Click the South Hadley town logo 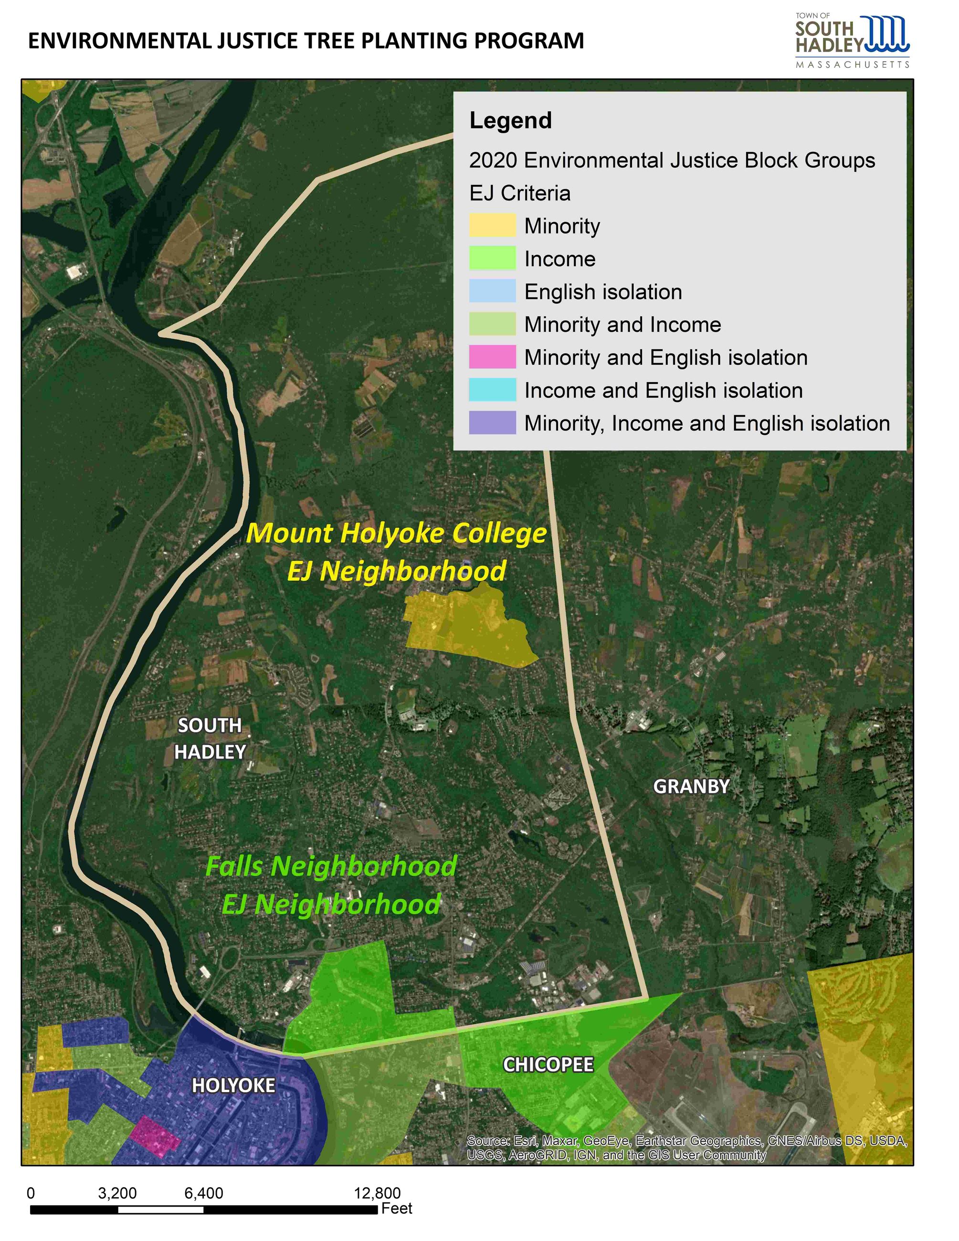(x=852, y=40)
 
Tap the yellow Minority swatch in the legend (x=492, y=226)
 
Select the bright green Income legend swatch (x=492, y=259)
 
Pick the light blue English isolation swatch (x=492, y=292)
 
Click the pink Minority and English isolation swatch (x=492, y=357)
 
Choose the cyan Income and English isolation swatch (x=492, y=390)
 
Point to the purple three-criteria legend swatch (x=492, y=423)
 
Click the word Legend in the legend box (x=510, y=120)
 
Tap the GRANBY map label (x=691, y=787)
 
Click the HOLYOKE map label (x=233, y=1085)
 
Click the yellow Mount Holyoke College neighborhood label (x=397, y=552)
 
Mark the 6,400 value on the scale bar (x=203, y=1193)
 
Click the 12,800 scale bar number (x=377, y=1193)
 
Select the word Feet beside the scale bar (x=397, y=1209)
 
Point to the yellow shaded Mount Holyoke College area (x=466, y=625)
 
